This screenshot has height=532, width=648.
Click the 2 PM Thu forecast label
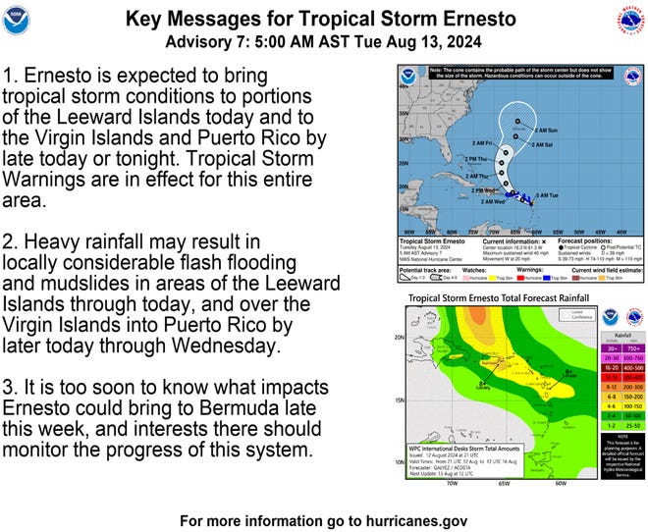tap(479, 159)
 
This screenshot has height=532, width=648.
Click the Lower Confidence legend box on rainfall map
tap(536, 315)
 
